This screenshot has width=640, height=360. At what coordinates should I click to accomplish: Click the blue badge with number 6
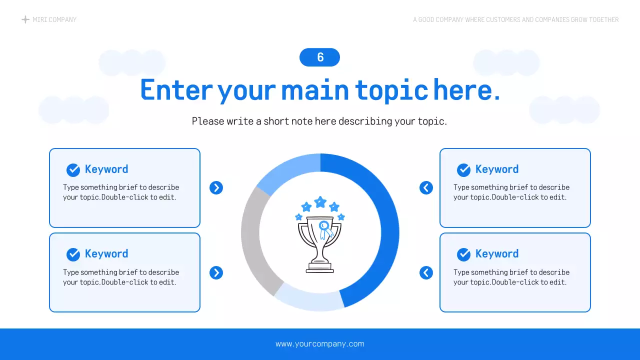(319, 57)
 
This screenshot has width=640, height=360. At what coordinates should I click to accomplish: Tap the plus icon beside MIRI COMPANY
(25, 19)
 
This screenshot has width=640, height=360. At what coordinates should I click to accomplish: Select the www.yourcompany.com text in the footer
(320, 344)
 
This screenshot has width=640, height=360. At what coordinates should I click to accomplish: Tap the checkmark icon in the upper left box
(73, 170)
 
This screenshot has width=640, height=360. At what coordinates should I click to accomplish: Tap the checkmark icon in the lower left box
(73, 254)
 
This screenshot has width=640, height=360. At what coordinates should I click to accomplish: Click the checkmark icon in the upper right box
(463, 170)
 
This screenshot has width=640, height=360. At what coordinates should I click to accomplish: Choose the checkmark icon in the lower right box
(463, 254)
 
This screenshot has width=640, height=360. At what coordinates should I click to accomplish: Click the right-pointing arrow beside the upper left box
(216, 187)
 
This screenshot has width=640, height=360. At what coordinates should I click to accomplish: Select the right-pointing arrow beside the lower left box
(216, 272)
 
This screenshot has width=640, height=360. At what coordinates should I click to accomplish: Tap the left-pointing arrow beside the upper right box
(426, 187)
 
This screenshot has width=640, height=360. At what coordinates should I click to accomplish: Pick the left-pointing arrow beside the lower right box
(426, 272)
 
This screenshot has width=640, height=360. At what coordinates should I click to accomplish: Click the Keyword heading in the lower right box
(497, 254)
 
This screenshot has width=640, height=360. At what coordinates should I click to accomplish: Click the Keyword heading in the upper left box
(106, 169)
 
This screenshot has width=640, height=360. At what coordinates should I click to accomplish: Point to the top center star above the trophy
(320, 202)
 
